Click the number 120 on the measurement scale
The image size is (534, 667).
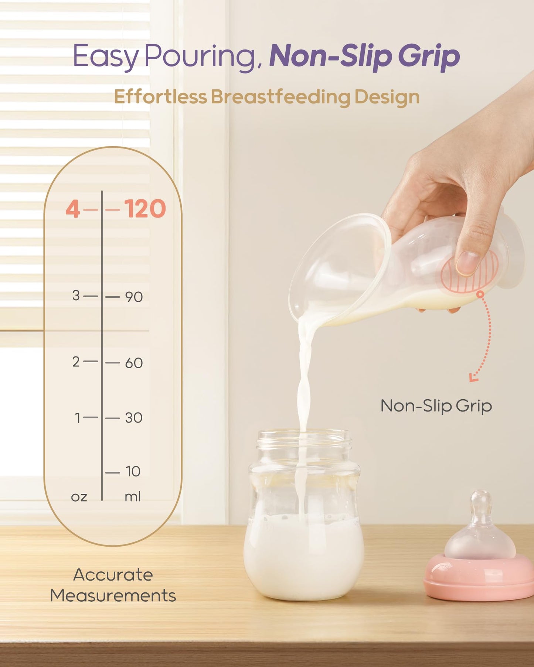pyautogui.click(x=145, y=209)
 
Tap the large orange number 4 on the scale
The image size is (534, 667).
pyautogui.click(x=73, y=209)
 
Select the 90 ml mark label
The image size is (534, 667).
pyautogui.click(x=134, y=297)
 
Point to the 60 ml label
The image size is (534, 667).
pyautogui.click(x=134, y=363)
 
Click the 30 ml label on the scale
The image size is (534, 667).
pyautogui.click(x=133, y=418)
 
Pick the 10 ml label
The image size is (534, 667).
pyautogui.click(x=133, y=472)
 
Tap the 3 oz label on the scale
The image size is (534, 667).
pyautogui.click(x=76, y=295)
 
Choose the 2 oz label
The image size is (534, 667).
pyautogui.click(x=76, y=362)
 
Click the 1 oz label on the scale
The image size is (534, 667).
pyautogui.click(x=77, y=418)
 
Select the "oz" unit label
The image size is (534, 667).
pyautogui.click(x=79, y=497)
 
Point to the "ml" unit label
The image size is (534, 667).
pyautogui.click(x=132, y=497)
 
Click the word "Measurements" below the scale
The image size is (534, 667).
pyautogui.click(x=113, y=596)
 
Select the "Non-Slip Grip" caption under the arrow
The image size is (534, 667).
pyautogui.click(x=436, y=406)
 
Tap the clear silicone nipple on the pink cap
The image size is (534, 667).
pyautogui.click(x=480, y=528)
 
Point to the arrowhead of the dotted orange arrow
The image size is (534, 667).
pyautogui.click(x=473, y=377)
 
